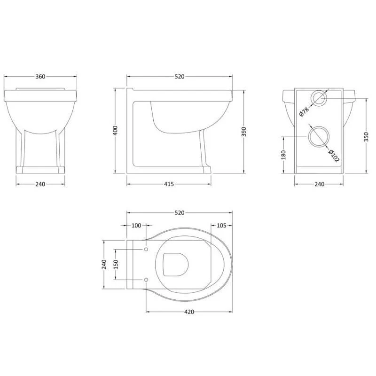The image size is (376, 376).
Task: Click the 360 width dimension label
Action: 40,77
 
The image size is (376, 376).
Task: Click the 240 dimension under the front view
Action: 40,184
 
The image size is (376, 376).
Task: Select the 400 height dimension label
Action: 115,131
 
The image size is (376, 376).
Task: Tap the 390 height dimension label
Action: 244,132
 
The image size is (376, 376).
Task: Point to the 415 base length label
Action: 169,184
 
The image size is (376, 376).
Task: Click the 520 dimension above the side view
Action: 180,77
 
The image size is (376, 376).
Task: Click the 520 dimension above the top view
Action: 180,213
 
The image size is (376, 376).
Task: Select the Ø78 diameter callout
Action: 304,112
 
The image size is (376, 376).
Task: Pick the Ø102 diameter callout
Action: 334,156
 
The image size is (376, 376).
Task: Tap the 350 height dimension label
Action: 366,137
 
